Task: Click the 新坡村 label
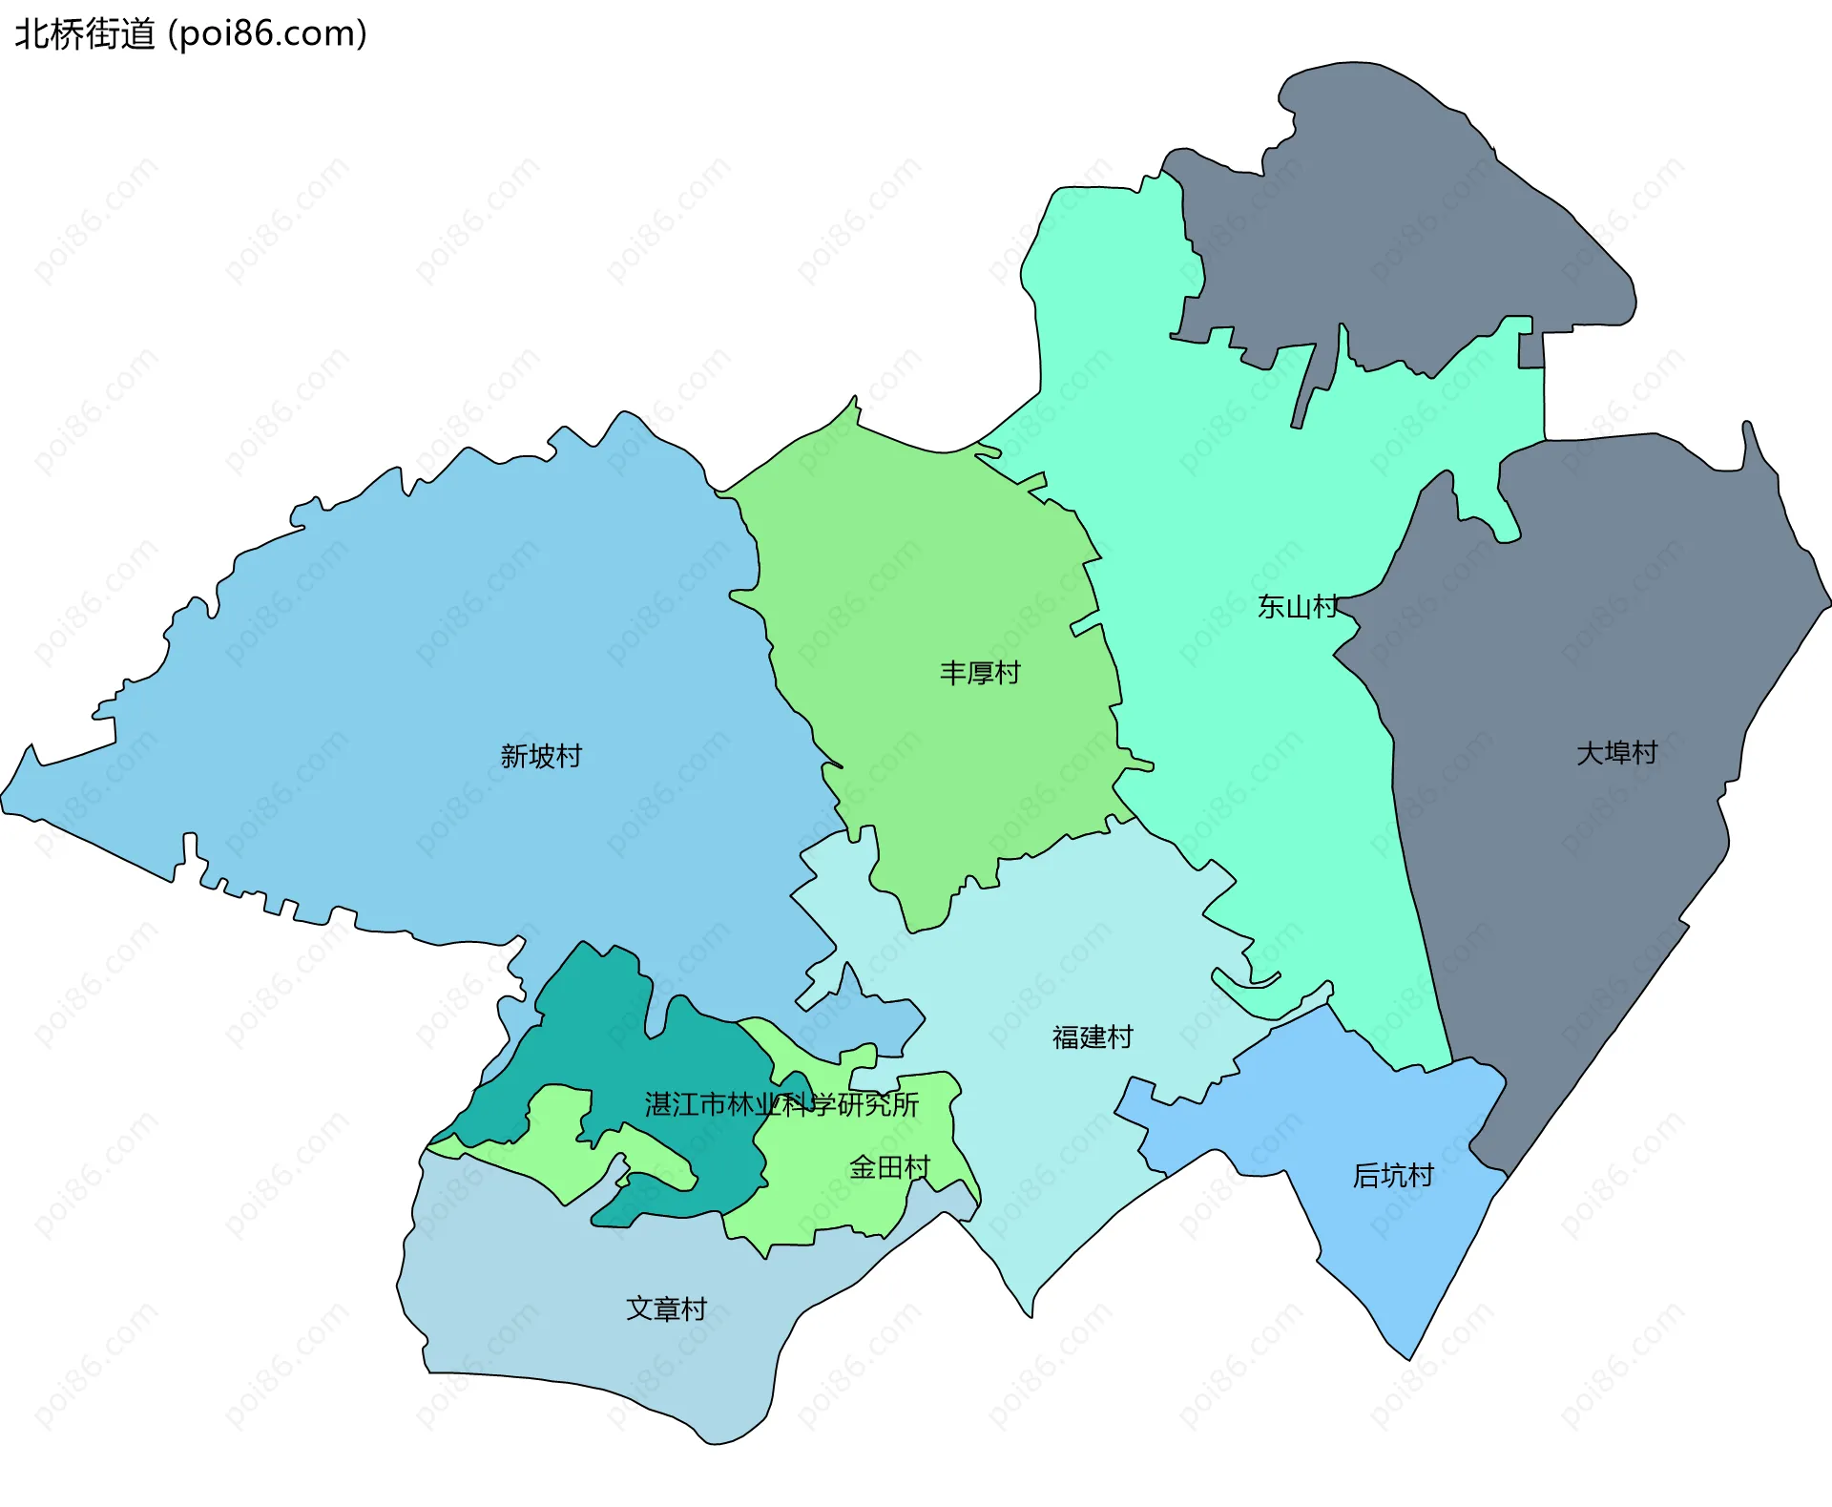541,756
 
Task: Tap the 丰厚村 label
980,673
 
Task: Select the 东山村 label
1297,606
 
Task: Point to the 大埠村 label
1616,753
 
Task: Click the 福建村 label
1093,1036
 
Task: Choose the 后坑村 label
1393,1175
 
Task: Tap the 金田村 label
889,1166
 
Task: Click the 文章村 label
666,1308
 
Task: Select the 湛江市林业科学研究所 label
781,1104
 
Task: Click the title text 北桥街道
84,33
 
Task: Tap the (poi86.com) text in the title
267,33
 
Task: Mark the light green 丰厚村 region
916,592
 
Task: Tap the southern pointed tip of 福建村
1030,1311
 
